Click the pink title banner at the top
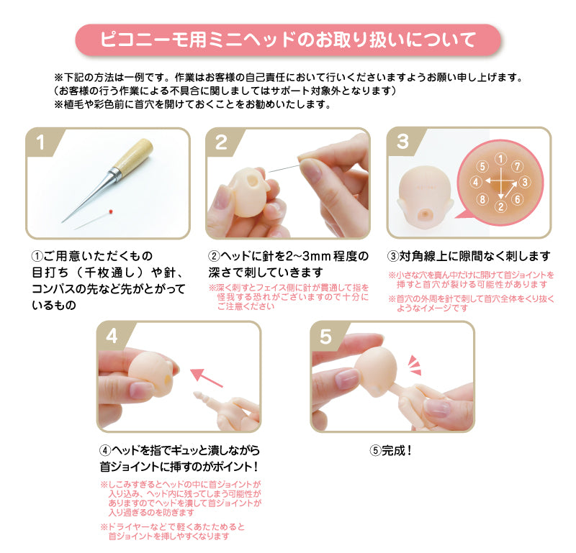pyautogui.click(x=288, y=40)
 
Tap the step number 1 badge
pyautogui.click(x=40, y=142)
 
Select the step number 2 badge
pyautogui.click(x=221, y=142)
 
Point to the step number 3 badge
pyautogui.click(x=402, y=141)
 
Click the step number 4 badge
pyautogui.click(x=112, y=336)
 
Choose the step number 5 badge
pyautogui.click(x=325, y=336)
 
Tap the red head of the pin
pyautogui.click(x=111, y=211)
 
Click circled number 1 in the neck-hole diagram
pyautogui.click(x=500, y=159)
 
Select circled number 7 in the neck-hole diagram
pyautogui.click(x=517, y=167)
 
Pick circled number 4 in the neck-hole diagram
pyautogui.click(x=476, y=182)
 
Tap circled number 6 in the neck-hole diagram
pyautogui.click(x=517, y=199)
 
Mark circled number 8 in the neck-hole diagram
pyautogui.click(x=482, y=199)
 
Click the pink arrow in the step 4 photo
pyautogui.click(x=207, y=378)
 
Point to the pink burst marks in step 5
pyautogui.click(x=415, y=365)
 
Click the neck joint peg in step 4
pyautogui.click(x=201, y=398)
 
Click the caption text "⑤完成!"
pyautogui.click(x=390, y=450)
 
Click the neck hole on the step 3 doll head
pyautogui.click(x=426, y=214)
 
